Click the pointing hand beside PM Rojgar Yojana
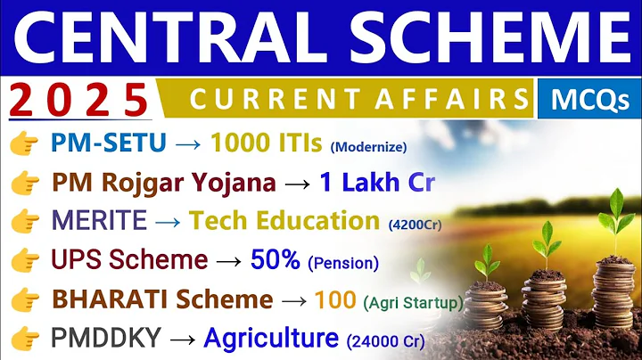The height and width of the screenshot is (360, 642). (28, 183)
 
